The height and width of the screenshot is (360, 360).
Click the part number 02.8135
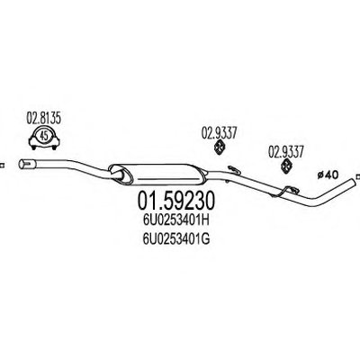click(x=44, y=119)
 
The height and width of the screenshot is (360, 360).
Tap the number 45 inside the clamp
click(x=44, y=137)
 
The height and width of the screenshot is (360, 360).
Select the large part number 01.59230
click(x=176, y=201)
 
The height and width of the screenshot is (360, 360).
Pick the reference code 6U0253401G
click(x=176, y=239)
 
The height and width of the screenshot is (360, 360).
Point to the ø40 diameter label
click(x=328, y=175)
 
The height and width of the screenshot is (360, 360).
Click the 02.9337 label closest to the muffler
click(x=219, y=132)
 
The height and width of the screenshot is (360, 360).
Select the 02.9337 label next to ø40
click(x=286, y=151)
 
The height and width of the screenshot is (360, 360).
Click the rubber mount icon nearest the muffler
click(x=220, y=148)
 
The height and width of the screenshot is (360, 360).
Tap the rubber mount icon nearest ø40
click(x=287, y=166)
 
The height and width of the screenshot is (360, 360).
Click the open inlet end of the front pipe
click(x=22, y=165)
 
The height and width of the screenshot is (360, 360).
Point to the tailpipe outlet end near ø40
click(x=353, y=181)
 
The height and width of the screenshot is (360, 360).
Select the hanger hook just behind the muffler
click(x=233, y=170)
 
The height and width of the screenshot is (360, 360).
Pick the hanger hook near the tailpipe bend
click(x=287, y=192)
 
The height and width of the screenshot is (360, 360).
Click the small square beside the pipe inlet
click(x=3, y=165)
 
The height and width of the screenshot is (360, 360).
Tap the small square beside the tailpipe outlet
click(x=357, y=177)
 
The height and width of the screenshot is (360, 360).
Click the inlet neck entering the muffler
click(x=118, y=175)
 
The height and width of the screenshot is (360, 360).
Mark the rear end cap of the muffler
click(x=203, y=175)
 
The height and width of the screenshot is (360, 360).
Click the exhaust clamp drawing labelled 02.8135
click(x=44, y=139)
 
